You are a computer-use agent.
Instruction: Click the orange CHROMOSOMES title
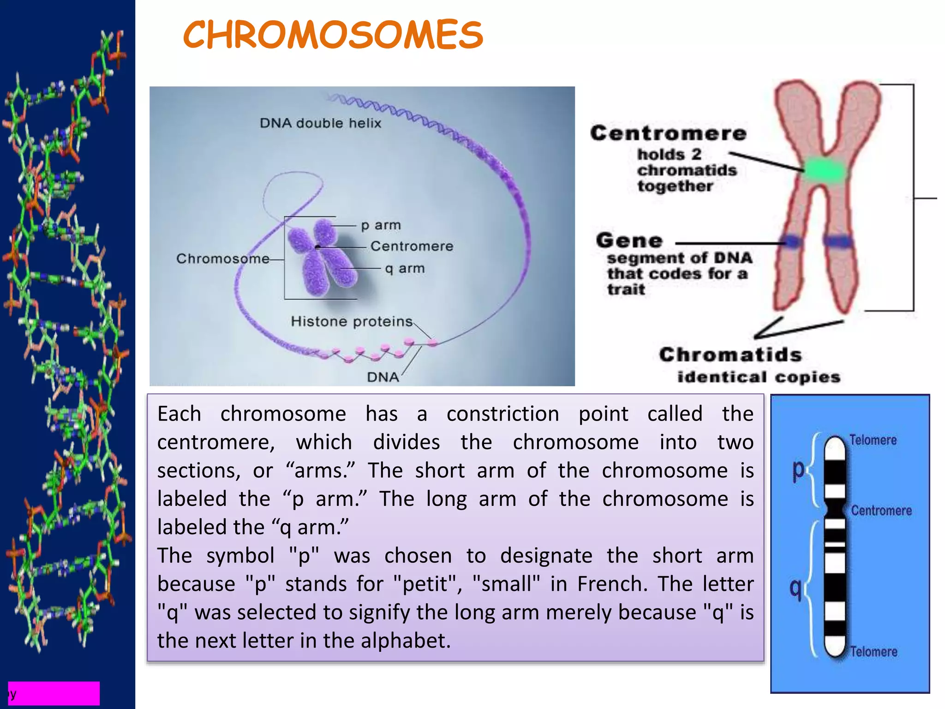click(x=333, y=35)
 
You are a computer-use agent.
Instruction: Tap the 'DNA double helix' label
click(x=320, y=123)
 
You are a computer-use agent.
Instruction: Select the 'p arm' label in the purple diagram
click(x=381, y=225)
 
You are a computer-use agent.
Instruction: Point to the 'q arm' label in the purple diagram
click(x=405, y=268)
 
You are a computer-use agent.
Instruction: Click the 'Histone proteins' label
click(x=352, y=321)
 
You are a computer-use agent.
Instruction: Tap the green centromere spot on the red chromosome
click(x=825, y=170)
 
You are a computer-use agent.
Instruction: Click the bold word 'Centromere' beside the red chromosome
click(x=668, y=133)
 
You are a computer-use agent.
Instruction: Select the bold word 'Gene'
click(x=629, y=240)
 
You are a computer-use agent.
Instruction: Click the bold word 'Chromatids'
click(x=730, y=355)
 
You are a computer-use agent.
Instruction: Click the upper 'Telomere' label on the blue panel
click(x=873, y=440)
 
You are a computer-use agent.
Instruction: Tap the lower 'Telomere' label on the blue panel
click(x=873, y=651)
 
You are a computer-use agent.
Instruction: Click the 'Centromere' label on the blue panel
click(x=881, y=511)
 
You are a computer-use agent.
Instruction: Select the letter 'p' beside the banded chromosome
click(x=798, y=470)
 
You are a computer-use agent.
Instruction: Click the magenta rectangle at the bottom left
click(x=54, y=693)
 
